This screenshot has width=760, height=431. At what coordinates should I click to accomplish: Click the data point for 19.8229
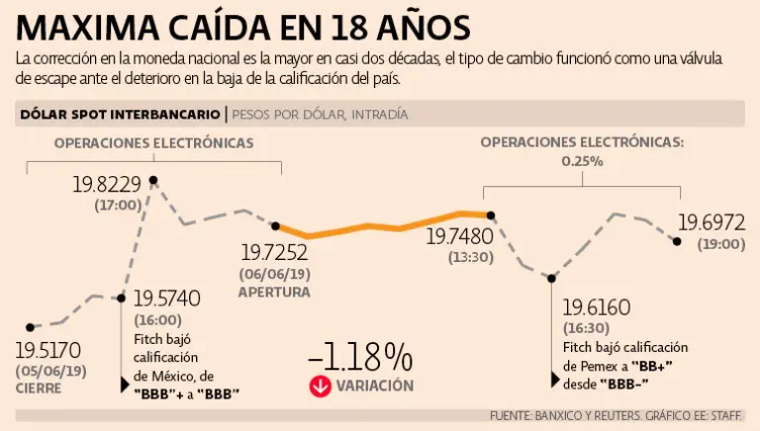(x=152, y=179)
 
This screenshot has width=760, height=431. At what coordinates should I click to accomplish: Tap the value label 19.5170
(x=54, y=349)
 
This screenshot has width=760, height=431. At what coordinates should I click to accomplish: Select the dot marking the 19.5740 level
(x=122, y=297)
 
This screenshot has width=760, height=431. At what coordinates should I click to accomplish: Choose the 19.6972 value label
(x=711, y=223)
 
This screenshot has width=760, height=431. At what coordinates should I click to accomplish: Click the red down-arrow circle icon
(x=320, y=386)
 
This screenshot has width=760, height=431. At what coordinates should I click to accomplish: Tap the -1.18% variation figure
(x=359, y=356)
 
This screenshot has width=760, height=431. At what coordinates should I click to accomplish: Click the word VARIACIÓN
(x=375, y=386)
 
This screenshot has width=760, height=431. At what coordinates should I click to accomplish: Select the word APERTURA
(x=274, y=293)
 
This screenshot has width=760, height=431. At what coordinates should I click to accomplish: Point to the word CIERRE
(x=39, y=388)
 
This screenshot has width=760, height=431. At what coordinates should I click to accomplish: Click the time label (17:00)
(x=118, y=206)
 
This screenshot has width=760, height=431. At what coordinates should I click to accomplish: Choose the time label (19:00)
(x=720, y=243)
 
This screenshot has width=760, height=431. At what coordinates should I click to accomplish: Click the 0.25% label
(x=581, y=160)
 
